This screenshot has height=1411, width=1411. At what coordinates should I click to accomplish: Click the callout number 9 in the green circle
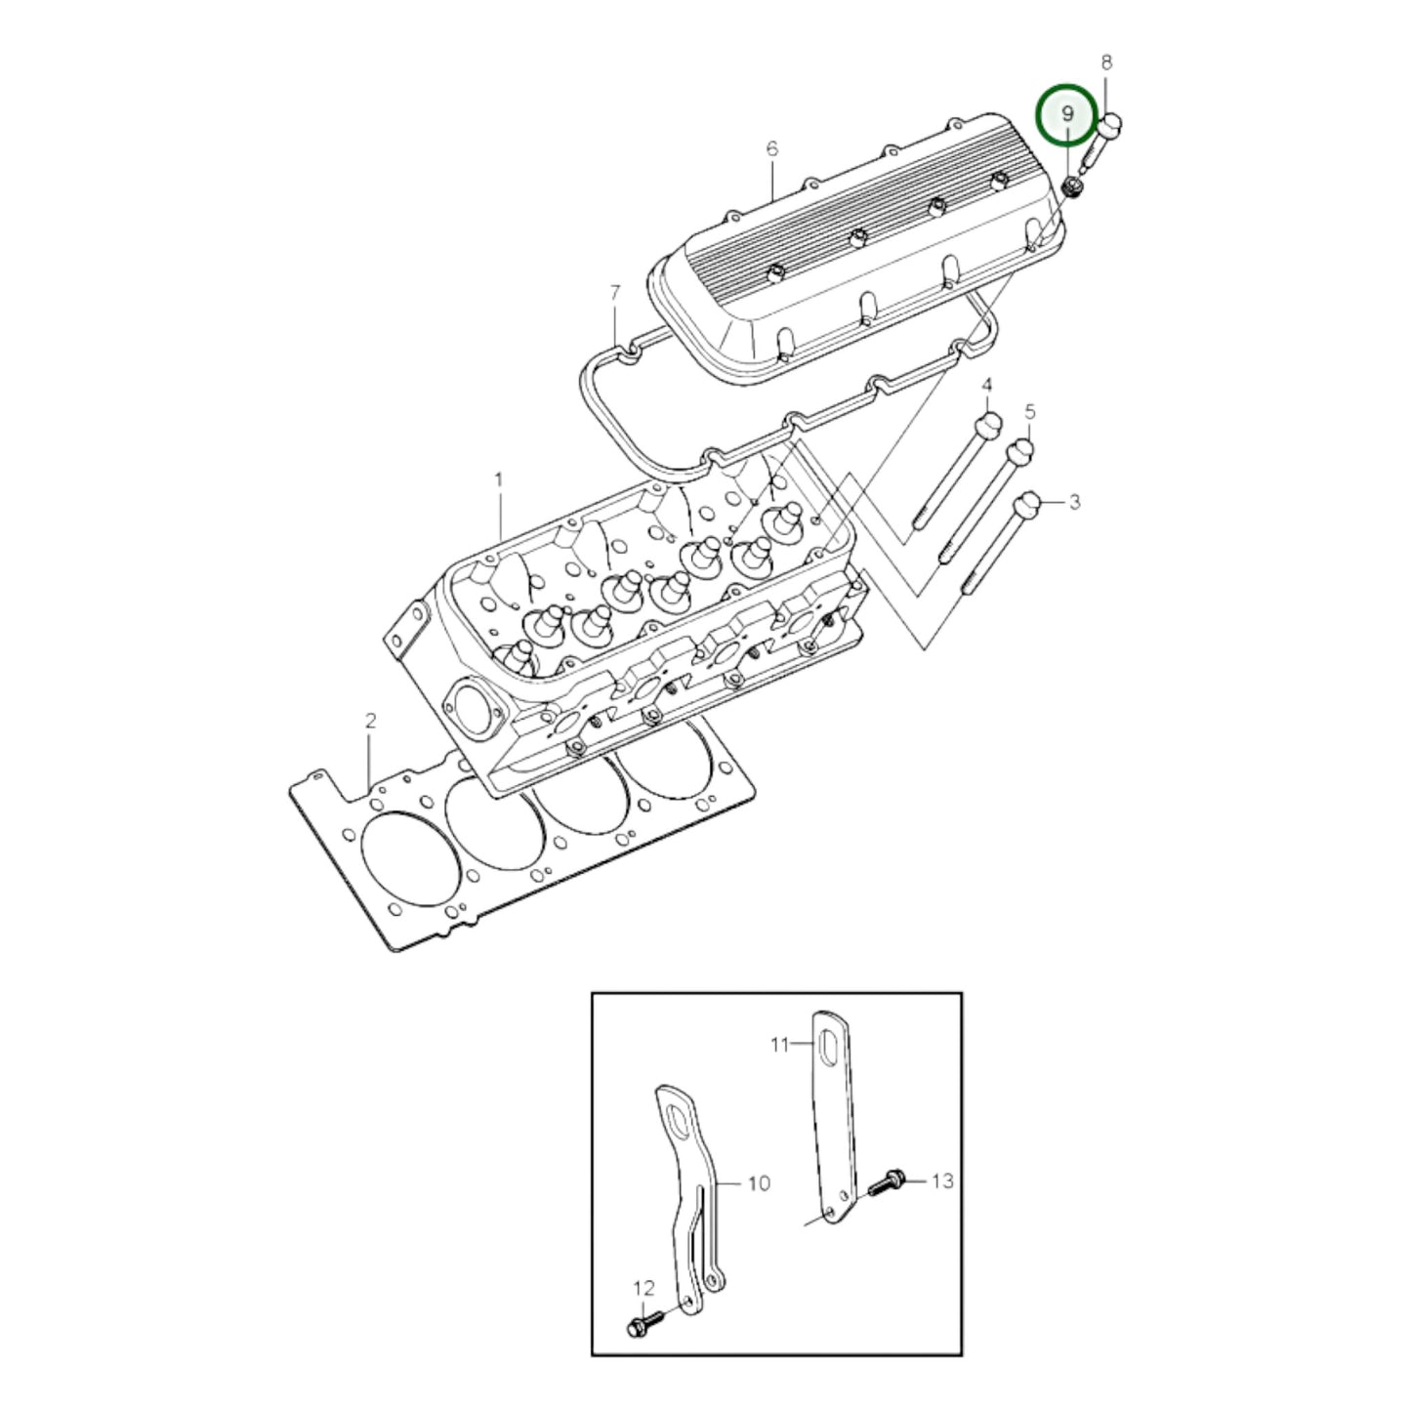[1066, 114]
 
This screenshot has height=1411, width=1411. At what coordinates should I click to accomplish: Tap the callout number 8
[1106, 62]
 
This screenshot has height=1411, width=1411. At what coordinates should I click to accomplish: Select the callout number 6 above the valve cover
[771, 148]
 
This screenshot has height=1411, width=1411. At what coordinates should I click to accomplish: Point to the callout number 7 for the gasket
[614, 292]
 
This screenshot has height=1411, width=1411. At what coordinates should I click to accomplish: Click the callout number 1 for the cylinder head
[499, 480]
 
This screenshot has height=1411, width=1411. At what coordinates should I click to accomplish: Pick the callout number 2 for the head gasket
[370, 722]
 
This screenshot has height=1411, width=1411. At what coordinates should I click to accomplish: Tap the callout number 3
[1074, 502]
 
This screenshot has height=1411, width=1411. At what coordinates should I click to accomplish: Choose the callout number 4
[986, 385]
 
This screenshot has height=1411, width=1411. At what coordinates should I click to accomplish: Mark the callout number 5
[1029, 413]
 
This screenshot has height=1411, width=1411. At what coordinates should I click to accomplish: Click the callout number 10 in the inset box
[759, 1183]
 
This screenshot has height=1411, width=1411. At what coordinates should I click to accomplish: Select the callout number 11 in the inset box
[778, 1045]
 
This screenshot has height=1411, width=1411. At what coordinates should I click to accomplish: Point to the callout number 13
[941, 1182]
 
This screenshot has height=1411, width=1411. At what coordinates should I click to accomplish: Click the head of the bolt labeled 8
[1111, 125]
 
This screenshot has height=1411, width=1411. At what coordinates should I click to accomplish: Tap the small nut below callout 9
[1072, 186]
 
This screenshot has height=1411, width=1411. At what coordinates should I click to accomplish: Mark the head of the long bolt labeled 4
[987, 426]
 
